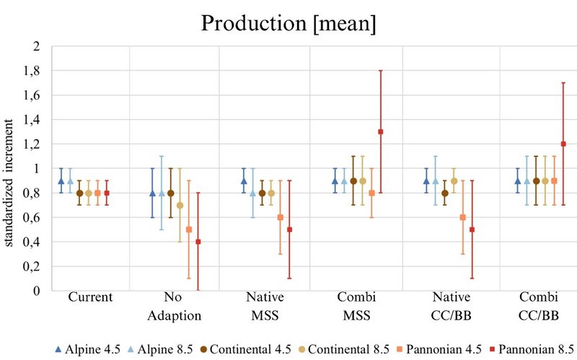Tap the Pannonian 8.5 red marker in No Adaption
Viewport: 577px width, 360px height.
tap(198, 242)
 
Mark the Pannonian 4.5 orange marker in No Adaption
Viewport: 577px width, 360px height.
tap(189, 229)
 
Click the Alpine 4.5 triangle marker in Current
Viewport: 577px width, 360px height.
tap(61, 181)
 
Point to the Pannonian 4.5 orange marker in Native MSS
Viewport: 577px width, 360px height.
tap(281, 217)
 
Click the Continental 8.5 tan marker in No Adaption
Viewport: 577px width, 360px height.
tap(180, 205)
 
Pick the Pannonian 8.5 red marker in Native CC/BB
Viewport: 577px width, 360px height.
tap(471, 229)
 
